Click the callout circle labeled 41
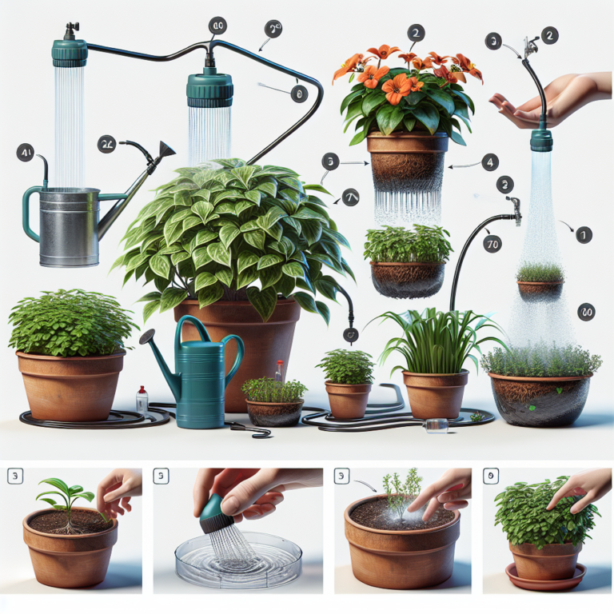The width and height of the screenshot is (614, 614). click(x=26, y=152)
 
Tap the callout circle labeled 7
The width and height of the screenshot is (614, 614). click(x=349, y=197)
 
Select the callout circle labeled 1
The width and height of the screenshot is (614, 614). click(x=584, y=234)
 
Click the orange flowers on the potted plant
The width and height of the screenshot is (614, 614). click(x=397, y=76)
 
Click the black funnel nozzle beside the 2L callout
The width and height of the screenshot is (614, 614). click(x=166, y=151)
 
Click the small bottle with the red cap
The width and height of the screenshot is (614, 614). click(x=142, y=397)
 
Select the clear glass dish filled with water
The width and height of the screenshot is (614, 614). click(x=237, y=552)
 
